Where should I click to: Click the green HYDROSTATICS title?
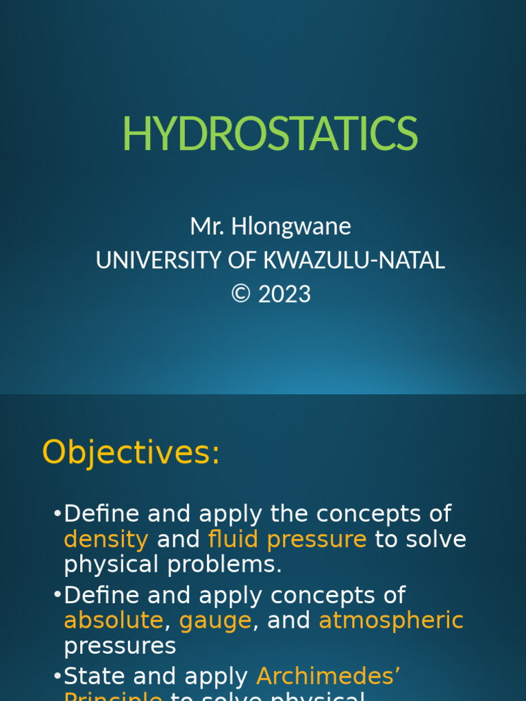(x=270, y=134)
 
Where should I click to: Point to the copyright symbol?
(x=241, y=294)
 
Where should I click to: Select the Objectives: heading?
(x=131, y=453)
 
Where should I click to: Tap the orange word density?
(x=105, y=539)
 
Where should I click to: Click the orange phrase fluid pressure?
(x=287, y=539)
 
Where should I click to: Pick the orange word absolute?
(x=114, y=621)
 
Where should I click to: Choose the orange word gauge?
(x=215, y=621)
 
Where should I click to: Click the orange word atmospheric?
(x=391, y=621)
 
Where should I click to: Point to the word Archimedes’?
(x=329, y=676)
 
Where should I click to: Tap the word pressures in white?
(x=120, y=646)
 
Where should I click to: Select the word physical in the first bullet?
(x=111, y=565)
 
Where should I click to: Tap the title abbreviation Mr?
(x=204, y=226)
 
